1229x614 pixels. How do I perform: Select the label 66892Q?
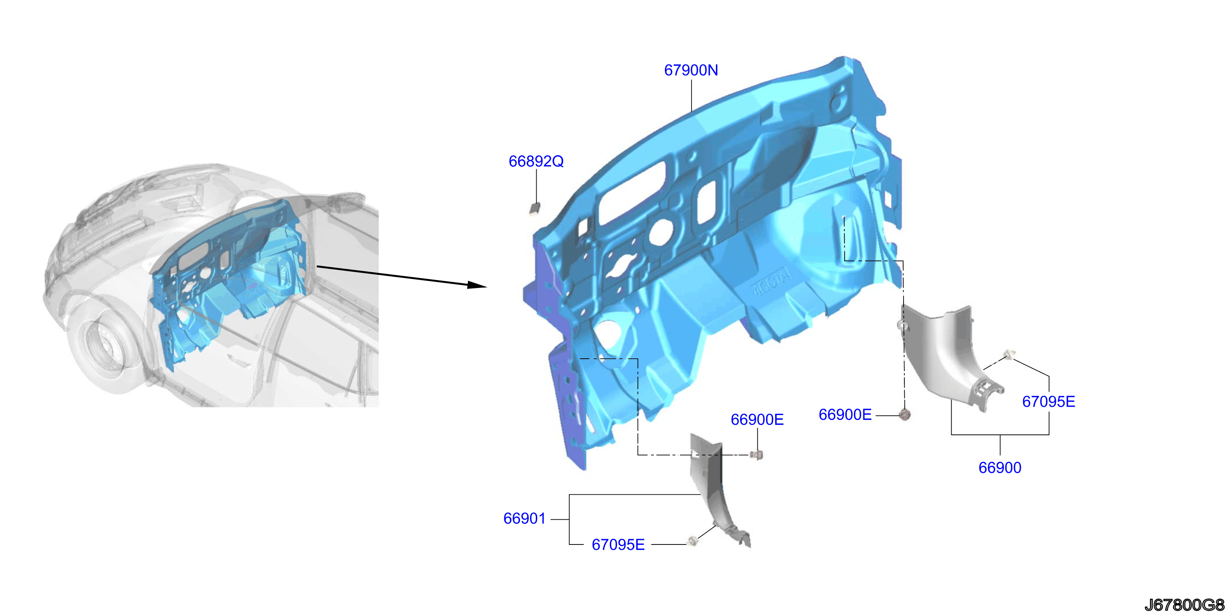[536, 162]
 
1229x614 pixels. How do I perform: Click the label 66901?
[524, 519]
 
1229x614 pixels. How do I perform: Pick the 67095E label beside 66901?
[618, 545]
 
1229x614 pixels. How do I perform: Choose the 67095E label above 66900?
[1048, 402]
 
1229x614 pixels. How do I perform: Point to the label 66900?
[1000, 468]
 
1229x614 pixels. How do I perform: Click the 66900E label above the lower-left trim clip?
[757, 420]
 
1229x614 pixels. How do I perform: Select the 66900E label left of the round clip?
[845, 415]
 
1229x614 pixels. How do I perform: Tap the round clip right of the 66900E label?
[904, 414]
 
